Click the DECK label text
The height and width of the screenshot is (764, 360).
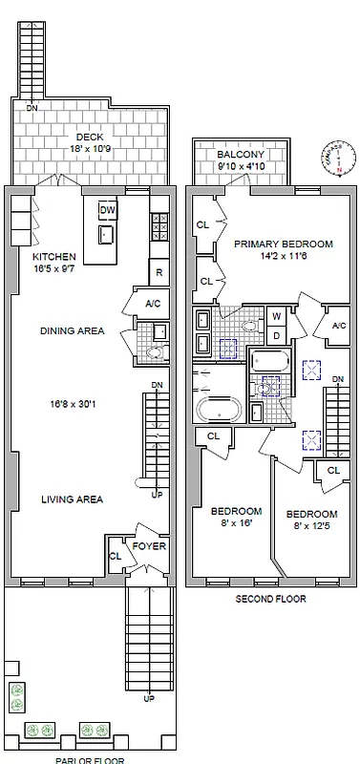coord(90,138)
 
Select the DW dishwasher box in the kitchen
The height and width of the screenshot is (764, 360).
coord(108,210)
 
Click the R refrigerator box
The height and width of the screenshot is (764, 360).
coord(159,272)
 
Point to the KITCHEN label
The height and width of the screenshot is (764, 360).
coord(53,258)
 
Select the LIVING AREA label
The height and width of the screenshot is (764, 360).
coord(72,499)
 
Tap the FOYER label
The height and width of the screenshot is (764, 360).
coord(150,547)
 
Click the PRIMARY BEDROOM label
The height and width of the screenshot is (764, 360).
coord(284,244)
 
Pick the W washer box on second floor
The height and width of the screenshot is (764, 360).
coord(276,316)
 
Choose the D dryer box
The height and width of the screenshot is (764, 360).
coord(276,334)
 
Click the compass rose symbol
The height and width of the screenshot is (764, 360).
coord(340,158)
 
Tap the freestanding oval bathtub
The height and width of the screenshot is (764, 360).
coord(221,411)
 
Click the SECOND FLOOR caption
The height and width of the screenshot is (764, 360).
coord(270,600)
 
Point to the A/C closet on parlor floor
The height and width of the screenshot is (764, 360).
coord(153,305)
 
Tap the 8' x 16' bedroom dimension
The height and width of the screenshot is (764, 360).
coord(236,524)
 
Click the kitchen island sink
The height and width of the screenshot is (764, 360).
coord(107,234)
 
